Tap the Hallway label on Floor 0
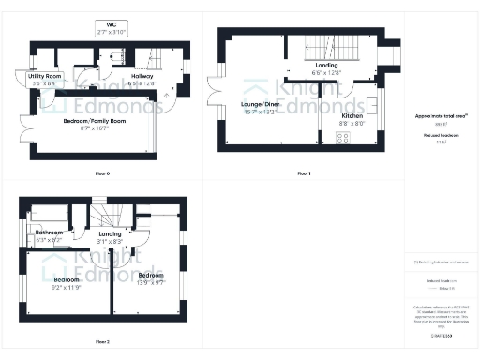click(142, 77)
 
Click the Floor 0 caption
click(102, 174)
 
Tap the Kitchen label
click(352, 117)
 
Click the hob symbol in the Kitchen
click(342, 139)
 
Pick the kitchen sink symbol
click(373, 103)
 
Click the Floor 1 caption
click(303, 174)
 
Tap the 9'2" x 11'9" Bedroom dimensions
click(67, 287)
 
